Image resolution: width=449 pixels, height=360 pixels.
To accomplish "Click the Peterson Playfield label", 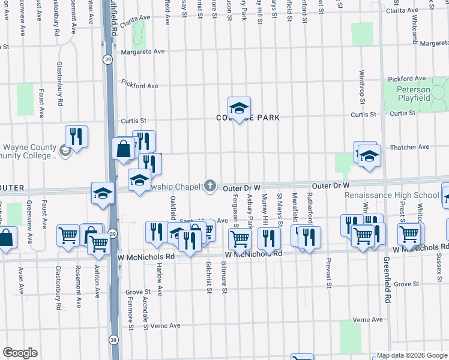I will tap(413, 93).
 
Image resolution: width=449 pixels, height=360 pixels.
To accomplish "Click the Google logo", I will tap(20, 352).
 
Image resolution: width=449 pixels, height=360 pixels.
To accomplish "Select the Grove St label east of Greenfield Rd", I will tap(406, 284).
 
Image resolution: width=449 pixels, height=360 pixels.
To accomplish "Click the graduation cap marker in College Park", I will tap(239, 108).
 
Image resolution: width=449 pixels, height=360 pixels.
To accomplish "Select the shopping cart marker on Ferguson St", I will tap(240, 238).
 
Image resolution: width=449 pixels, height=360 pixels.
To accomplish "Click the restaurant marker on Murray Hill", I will tap(269, 238).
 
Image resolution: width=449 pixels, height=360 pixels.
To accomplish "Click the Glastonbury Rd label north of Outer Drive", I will tap(61, 88).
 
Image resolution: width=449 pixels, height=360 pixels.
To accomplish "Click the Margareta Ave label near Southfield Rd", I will tap(142, 52).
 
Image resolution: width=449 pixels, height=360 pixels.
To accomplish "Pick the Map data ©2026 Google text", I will tap(411, 355).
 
